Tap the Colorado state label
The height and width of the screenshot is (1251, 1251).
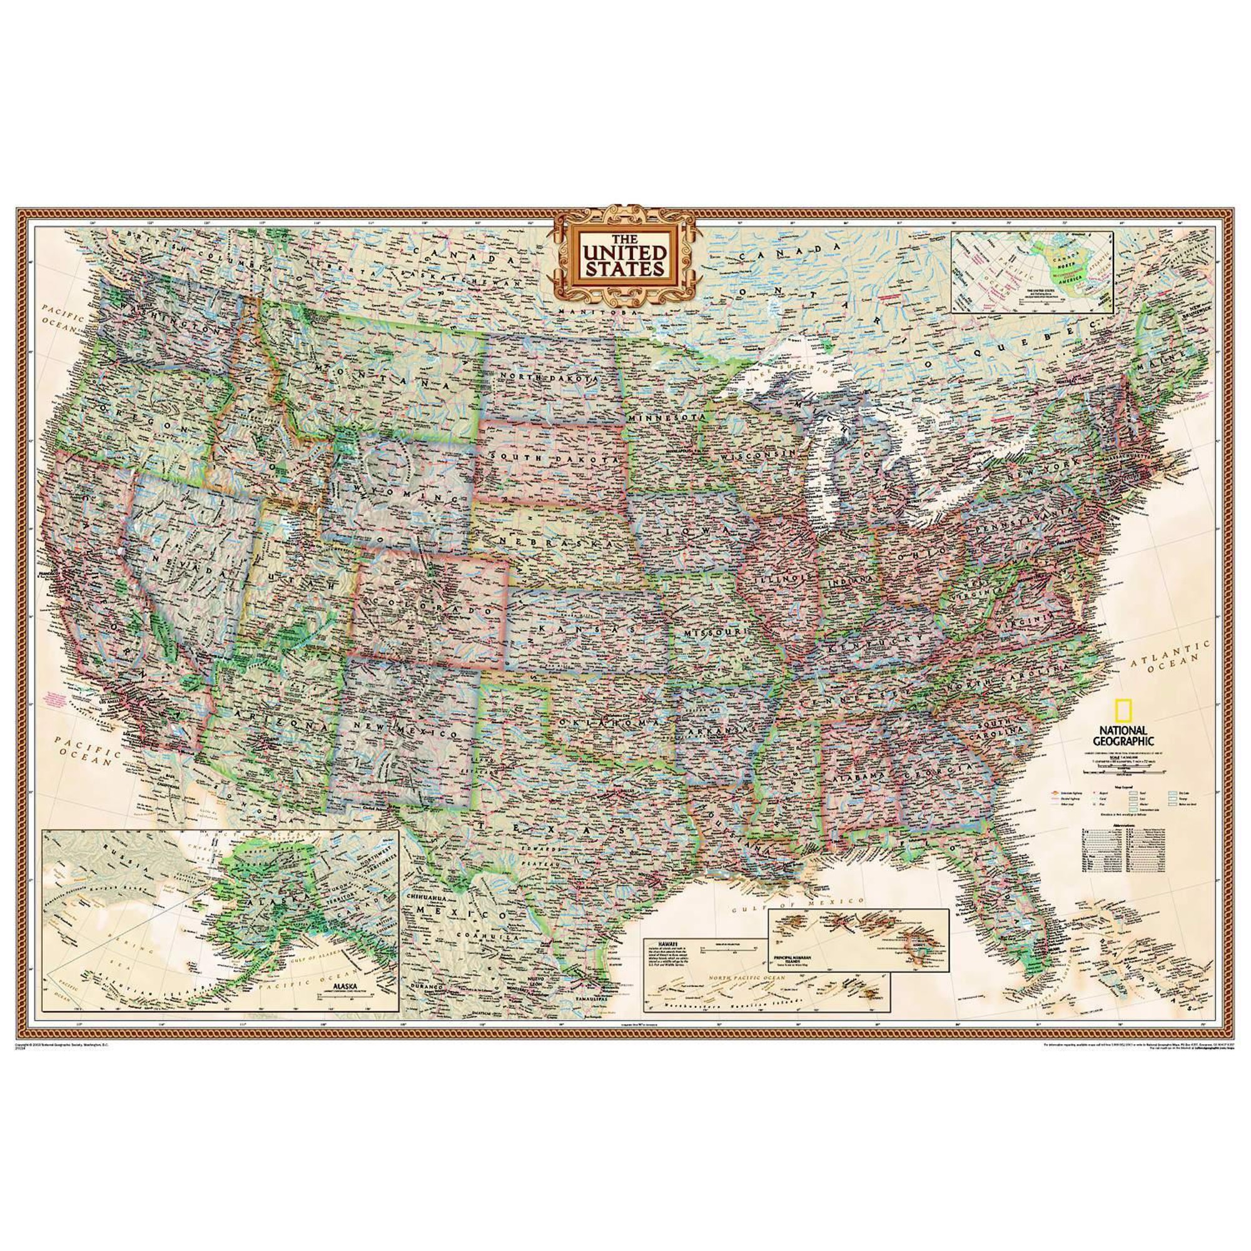tap(428, 605)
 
